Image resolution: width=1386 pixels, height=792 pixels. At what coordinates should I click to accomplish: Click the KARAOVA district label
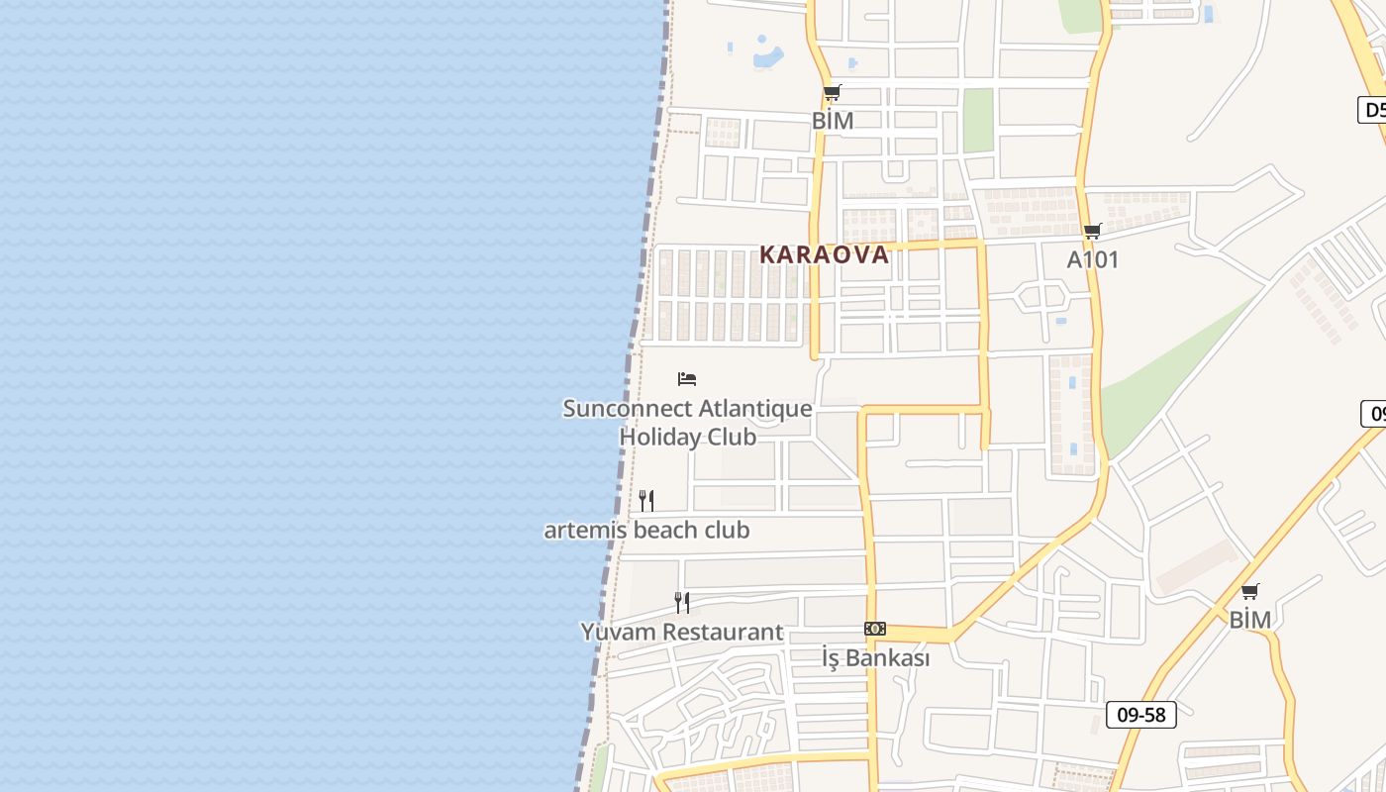tap(824, 254)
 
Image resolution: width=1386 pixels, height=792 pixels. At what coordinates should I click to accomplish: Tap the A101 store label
tap(1092, 259)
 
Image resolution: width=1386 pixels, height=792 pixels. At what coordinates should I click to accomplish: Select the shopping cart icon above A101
tap(1092, 232)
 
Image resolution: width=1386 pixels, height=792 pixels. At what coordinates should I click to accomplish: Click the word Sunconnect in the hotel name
tap(627, 408)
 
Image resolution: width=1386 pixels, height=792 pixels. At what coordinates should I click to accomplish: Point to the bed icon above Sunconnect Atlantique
tap(687, 379)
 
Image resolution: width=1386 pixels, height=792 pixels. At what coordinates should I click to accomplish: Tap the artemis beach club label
tap(646, 530)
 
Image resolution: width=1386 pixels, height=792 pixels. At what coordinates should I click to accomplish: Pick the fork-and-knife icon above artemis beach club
tap(646, 501)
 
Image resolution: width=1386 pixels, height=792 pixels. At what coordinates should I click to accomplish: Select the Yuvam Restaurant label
tap(681, 632)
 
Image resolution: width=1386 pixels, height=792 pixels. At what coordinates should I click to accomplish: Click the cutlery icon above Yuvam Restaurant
tap(681, 602)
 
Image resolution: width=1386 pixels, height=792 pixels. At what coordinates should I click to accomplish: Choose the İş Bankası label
tap(875, 657)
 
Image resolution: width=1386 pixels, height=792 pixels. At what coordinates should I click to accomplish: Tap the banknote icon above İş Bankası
tap(874, 629)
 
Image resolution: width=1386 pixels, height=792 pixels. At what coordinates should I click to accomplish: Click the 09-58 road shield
tap(1140, 715)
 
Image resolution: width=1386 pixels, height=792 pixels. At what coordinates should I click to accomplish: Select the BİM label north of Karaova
tap(832, 121)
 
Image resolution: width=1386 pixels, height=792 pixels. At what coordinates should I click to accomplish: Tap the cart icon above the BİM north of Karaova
tap(832, 93)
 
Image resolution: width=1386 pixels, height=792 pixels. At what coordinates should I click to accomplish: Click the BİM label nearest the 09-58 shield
tap(1249, 620)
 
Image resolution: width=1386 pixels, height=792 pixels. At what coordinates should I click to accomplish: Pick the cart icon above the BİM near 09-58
tap(1249, 592)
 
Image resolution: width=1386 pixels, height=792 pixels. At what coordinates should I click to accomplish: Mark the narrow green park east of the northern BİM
tap(978, 121)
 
